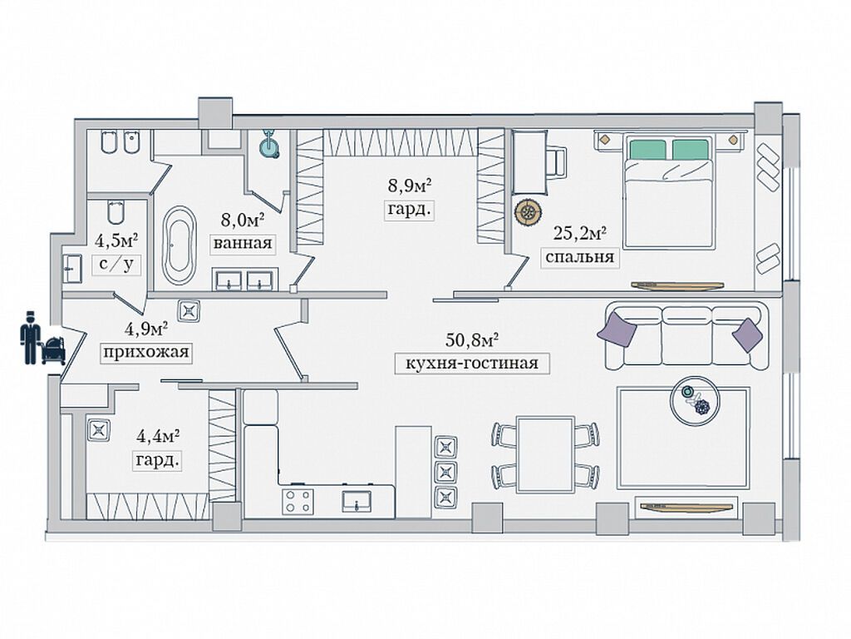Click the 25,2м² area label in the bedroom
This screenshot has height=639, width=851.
[579, 233]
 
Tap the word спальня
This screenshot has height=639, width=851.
[579, 256]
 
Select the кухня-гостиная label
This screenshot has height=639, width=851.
[472, 363]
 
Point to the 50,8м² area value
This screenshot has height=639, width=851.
[472, 339]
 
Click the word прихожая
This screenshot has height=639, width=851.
[146, 352]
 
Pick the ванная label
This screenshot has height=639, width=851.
[243, 243]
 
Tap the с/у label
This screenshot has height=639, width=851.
[116, 264]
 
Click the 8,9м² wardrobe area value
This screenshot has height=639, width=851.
[410, 186]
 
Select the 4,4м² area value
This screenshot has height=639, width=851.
[157, 435]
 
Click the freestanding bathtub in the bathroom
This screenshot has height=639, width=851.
[180, 245]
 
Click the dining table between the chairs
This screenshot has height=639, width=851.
[545, 453]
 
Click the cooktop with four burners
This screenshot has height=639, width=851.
[298, 501]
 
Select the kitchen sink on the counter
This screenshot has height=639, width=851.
[357, 501]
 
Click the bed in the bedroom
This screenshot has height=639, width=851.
[668, 192]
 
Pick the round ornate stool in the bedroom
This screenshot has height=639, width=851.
[527, 212]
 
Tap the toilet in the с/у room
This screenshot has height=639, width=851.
[116, 212]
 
